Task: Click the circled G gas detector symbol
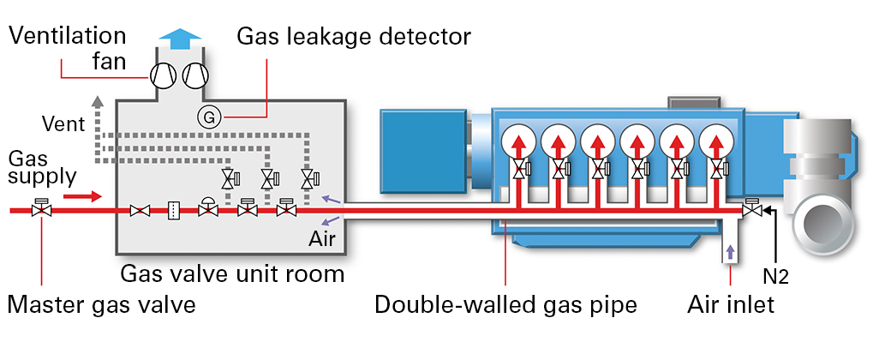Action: (207, 116)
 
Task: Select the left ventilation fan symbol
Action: (163, 75)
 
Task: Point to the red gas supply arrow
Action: (84, 196)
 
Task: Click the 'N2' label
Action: (774, 277)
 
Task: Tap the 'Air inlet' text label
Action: (730, 305)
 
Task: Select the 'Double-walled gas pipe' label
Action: (505, 305)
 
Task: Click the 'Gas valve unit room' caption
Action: (232, 274)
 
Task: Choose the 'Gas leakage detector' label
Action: (354, 37)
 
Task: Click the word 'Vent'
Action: (63, 124)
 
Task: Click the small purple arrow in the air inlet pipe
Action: (730, 252)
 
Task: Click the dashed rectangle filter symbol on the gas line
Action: (172, 210)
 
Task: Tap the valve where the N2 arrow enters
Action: (751, 209)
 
